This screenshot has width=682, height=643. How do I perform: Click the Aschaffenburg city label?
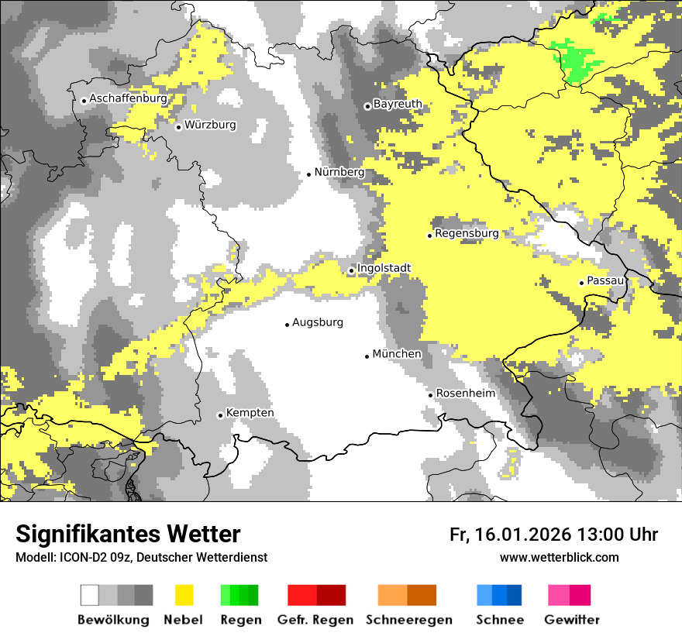(128, 99)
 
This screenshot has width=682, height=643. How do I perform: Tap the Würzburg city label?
(210, 125)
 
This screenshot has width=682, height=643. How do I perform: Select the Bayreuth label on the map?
(398, 104)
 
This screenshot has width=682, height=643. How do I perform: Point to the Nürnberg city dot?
(308, 174)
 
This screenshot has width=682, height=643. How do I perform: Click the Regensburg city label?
(467, 233)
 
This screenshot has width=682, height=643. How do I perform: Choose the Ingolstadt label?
(384, 269)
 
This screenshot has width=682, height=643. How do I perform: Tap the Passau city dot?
(581, 283)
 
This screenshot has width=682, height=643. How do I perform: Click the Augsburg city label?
(317, 322)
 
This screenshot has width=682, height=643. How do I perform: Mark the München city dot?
(367, 356)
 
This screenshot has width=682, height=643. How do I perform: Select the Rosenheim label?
(465, 394)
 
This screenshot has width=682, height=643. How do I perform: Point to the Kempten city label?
(250, 413)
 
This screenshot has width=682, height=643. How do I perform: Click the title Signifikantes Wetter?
(128, 534)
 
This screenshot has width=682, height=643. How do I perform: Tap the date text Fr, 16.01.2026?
(510, 535)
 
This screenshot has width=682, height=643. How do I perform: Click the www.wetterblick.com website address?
(559, 557)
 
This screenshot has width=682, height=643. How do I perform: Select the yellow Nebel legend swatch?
(184, 595)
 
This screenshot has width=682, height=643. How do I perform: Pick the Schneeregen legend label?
(409, 620)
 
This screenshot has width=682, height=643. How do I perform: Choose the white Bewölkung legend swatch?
(90, 595)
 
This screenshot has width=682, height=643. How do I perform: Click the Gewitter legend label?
(572, 620)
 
